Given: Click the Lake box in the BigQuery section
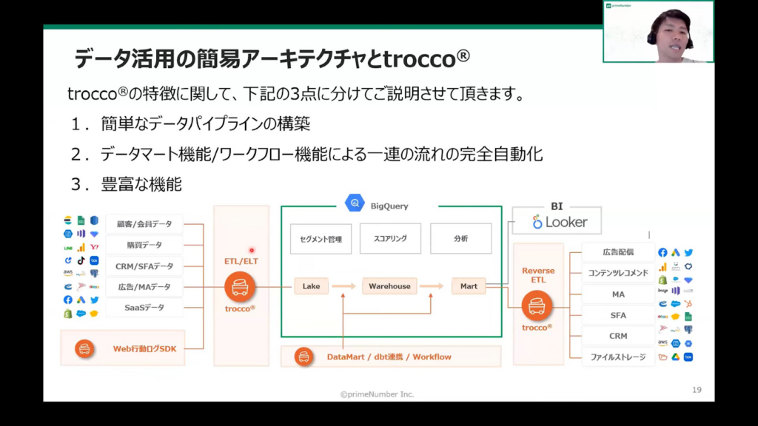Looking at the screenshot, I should point(311,286).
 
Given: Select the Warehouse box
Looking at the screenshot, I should point(389,286).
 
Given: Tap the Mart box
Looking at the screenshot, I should point(469,286).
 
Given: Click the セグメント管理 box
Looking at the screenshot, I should point(321,239).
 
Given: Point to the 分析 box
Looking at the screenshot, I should point(460,239).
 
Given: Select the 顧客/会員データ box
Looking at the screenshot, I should point(144,224).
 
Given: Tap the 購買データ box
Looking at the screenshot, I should point(144,245).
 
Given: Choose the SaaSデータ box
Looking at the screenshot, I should point(144,307).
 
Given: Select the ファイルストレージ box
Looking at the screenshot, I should point(618,356).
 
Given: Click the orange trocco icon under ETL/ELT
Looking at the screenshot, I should point(238,285).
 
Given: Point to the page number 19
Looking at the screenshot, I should point(697,390).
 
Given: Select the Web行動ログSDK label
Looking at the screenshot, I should point(144,348).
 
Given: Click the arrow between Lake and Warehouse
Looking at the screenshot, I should point(343,286).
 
